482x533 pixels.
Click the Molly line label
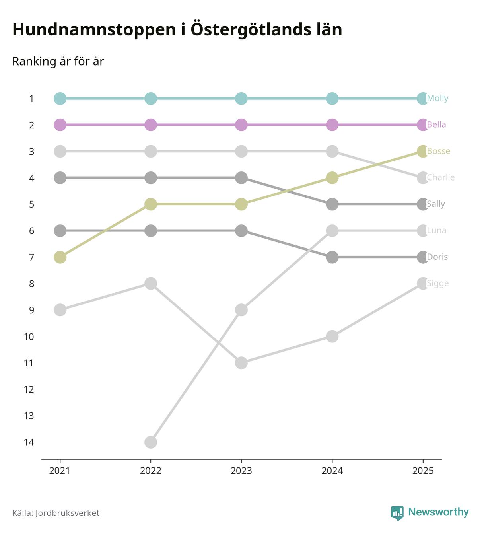tap(437, 98)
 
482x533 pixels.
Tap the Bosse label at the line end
tap(438, 151)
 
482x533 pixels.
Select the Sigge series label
tap(437, 283)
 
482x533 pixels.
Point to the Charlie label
tap(441, 177)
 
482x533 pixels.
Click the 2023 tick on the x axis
tap(241, 471)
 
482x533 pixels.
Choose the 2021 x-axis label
tap(60, 471)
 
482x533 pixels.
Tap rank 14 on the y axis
tap(29, 442)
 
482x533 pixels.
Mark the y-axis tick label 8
tap(31, 284)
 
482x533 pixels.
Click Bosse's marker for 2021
tap(60, 257)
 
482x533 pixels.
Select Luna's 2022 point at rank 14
tap(151, 442)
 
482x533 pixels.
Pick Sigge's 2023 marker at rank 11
tap(241, 363)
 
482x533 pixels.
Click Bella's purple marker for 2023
tap(241, 124)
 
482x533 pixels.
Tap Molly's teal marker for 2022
tap(151, 98)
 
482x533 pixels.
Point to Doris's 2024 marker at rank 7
tap(332, 257)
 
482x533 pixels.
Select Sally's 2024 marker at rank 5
tap(332, 204)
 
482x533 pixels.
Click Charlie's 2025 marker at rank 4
tap(423, 177)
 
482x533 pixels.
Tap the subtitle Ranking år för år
tap(58, 62)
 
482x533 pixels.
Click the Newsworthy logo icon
tap(397, 513)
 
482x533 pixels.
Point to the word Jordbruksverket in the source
tap(67, 513)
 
